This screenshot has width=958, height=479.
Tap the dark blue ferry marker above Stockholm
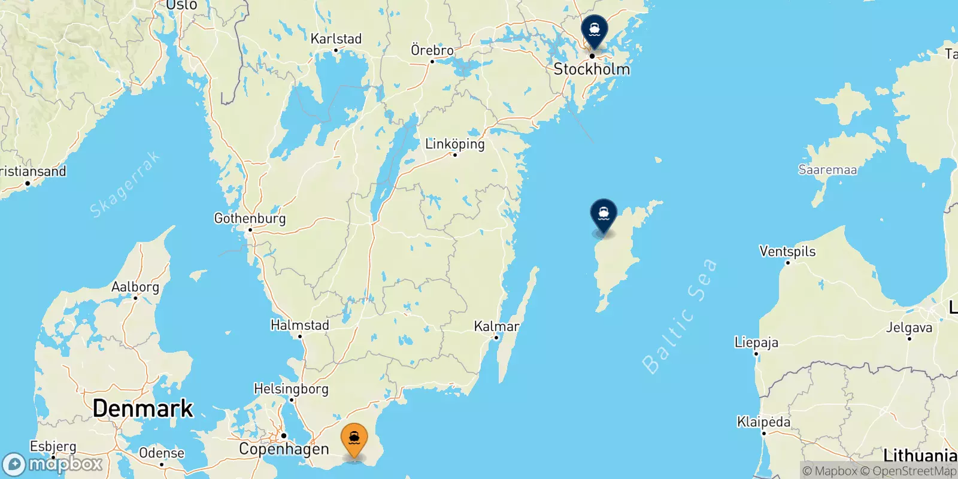(x=594, y=30)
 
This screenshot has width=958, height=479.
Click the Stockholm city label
(x=592, y=69)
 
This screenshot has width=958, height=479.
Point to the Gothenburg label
(x=250, y=219)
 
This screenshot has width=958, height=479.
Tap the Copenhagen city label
(x=284, y=449)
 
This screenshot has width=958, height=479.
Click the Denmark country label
(x=143, y=408)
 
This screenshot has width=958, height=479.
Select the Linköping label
(x=454, y=144)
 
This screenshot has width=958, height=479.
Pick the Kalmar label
(x=496, y=326)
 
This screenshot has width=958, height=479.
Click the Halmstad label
(x=300, y=325)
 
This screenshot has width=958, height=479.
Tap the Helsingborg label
(x=291, y=389)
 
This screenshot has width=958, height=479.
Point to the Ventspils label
(x=787, y=251)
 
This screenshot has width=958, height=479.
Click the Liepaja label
(x=756, y=342)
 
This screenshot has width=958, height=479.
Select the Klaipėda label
(x=763, y=422)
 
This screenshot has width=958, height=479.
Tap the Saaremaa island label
(x=827, y=170)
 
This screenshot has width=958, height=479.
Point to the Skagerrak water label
(x=125, y=184)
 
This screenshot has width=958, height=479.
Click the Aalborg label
(x=135, y=287)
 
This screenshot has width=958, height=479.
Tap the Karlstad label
(x=336, y=39)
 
